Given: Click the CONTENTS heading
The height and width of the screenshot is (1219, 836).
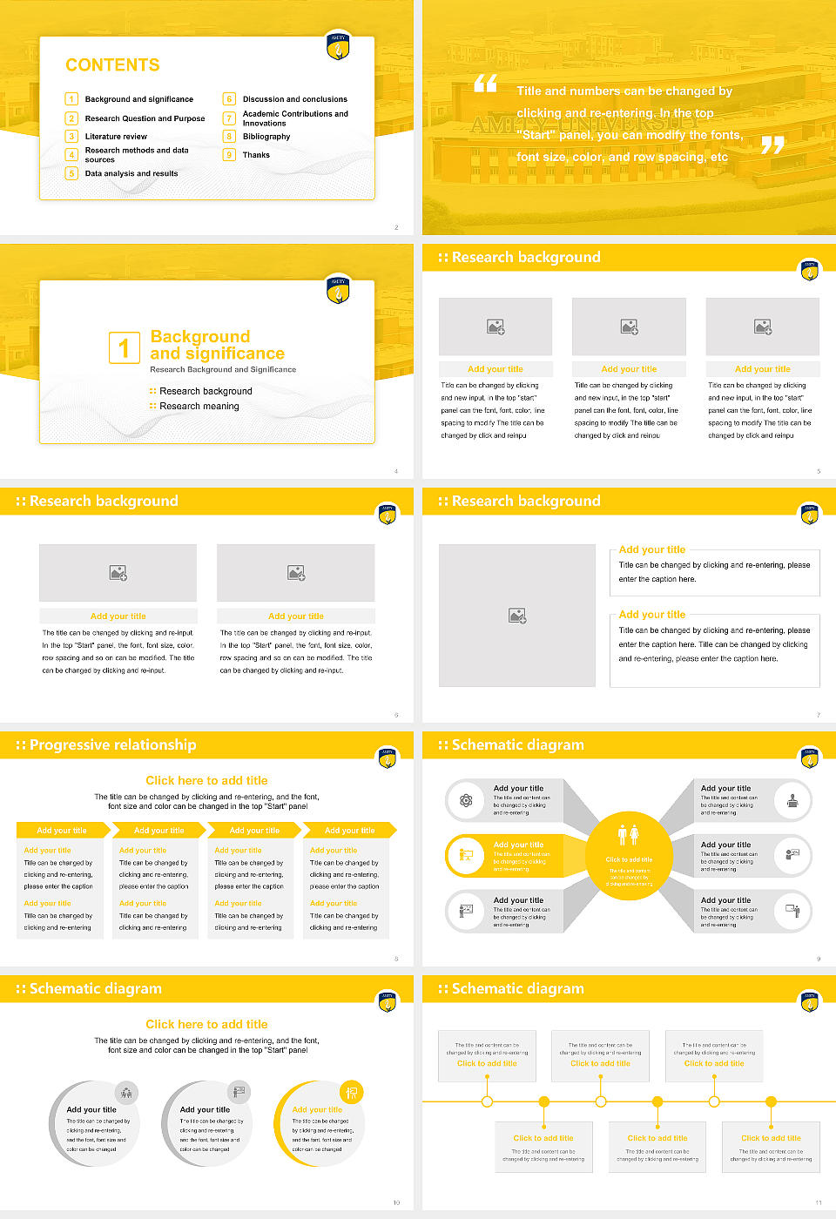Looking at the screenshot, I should point(112,65).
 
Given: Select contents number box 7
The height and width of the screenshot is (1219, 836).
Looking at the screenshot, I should point(230,118).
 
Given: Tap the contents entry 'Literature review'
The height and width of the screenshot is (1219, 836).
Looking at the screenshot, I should point(116,137).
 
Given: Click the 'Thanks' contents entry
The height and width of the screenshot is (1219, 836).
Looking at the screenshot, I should point(256,155).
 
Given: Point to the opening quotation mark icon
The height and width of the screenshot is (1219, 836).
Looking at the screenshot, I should point(485,84).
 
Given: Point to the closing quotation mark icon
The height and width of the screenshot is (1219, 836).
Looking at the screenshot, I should point(772,145).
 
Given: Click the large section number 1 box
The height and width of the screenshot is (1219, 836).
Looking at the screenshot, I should point(124,347).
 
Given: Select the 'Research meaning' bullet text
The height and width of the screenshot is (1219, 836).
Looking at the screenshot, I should point(199,407).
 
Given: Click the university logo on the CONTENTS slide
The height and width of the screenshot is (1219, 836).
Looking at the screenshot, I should point(338,45).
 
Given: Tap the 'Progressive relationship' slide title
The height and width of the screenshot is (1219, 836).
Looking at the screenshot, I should point(112,745).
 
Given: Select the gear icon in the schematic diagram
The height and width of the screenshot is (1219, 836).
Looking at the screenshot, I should point(466,800).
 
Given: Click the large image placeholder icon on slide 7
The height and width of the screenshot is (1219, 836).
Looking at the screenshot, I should point(517,616).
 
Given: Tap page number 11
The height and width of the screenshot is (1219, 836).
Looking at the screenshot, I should point(818,1202).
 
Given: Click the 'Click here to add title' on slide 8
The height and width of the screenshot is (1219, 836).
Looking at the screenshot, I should point(206,781).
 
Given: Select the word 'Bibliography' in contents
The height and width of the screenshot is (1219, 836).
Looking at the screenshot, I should point(266,137).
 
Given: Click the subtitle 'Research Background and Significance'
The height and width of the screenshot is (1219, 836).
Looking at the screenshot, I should point(223,370).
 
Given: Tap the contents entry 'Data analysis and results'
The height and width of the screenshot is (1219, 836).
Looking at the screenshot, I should point(131,174).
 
